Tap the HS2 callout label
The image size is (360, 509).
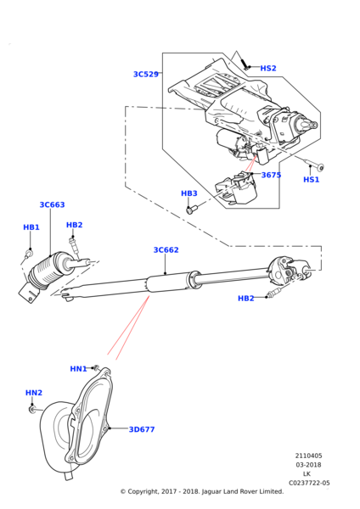pos(267,69)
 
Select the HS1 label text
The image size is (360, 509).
pos(312,180)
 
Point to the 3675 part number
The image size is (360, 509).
pos(271,176)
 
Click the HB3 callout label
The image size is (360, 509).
pos(188,193)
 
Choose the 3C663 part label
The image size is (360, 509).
pos(52,205)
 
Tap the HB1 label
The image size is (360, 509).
pos(31,227)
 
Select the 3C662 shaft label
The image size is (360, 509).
pos(166,250)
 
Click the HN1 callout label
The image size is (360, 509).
pos(78,369)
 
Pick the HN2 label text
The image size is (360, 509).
pos(34,393)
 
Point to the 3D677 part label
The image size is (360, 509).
pos(142,430)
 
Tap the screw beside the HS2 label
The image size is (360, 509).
pos(244,63)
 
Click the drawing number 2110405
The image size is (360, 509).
pos(308,456)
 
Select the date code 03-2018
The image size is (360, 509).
pos(308,465)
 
